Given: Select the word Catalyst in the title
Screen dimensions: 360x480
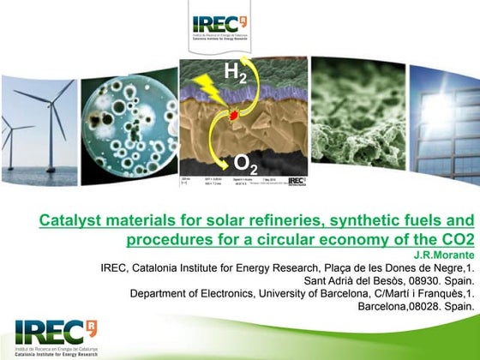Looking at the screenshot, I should [69, 221].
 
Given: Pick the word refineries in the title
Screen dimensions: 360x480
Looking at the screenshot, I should [264, 221].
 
